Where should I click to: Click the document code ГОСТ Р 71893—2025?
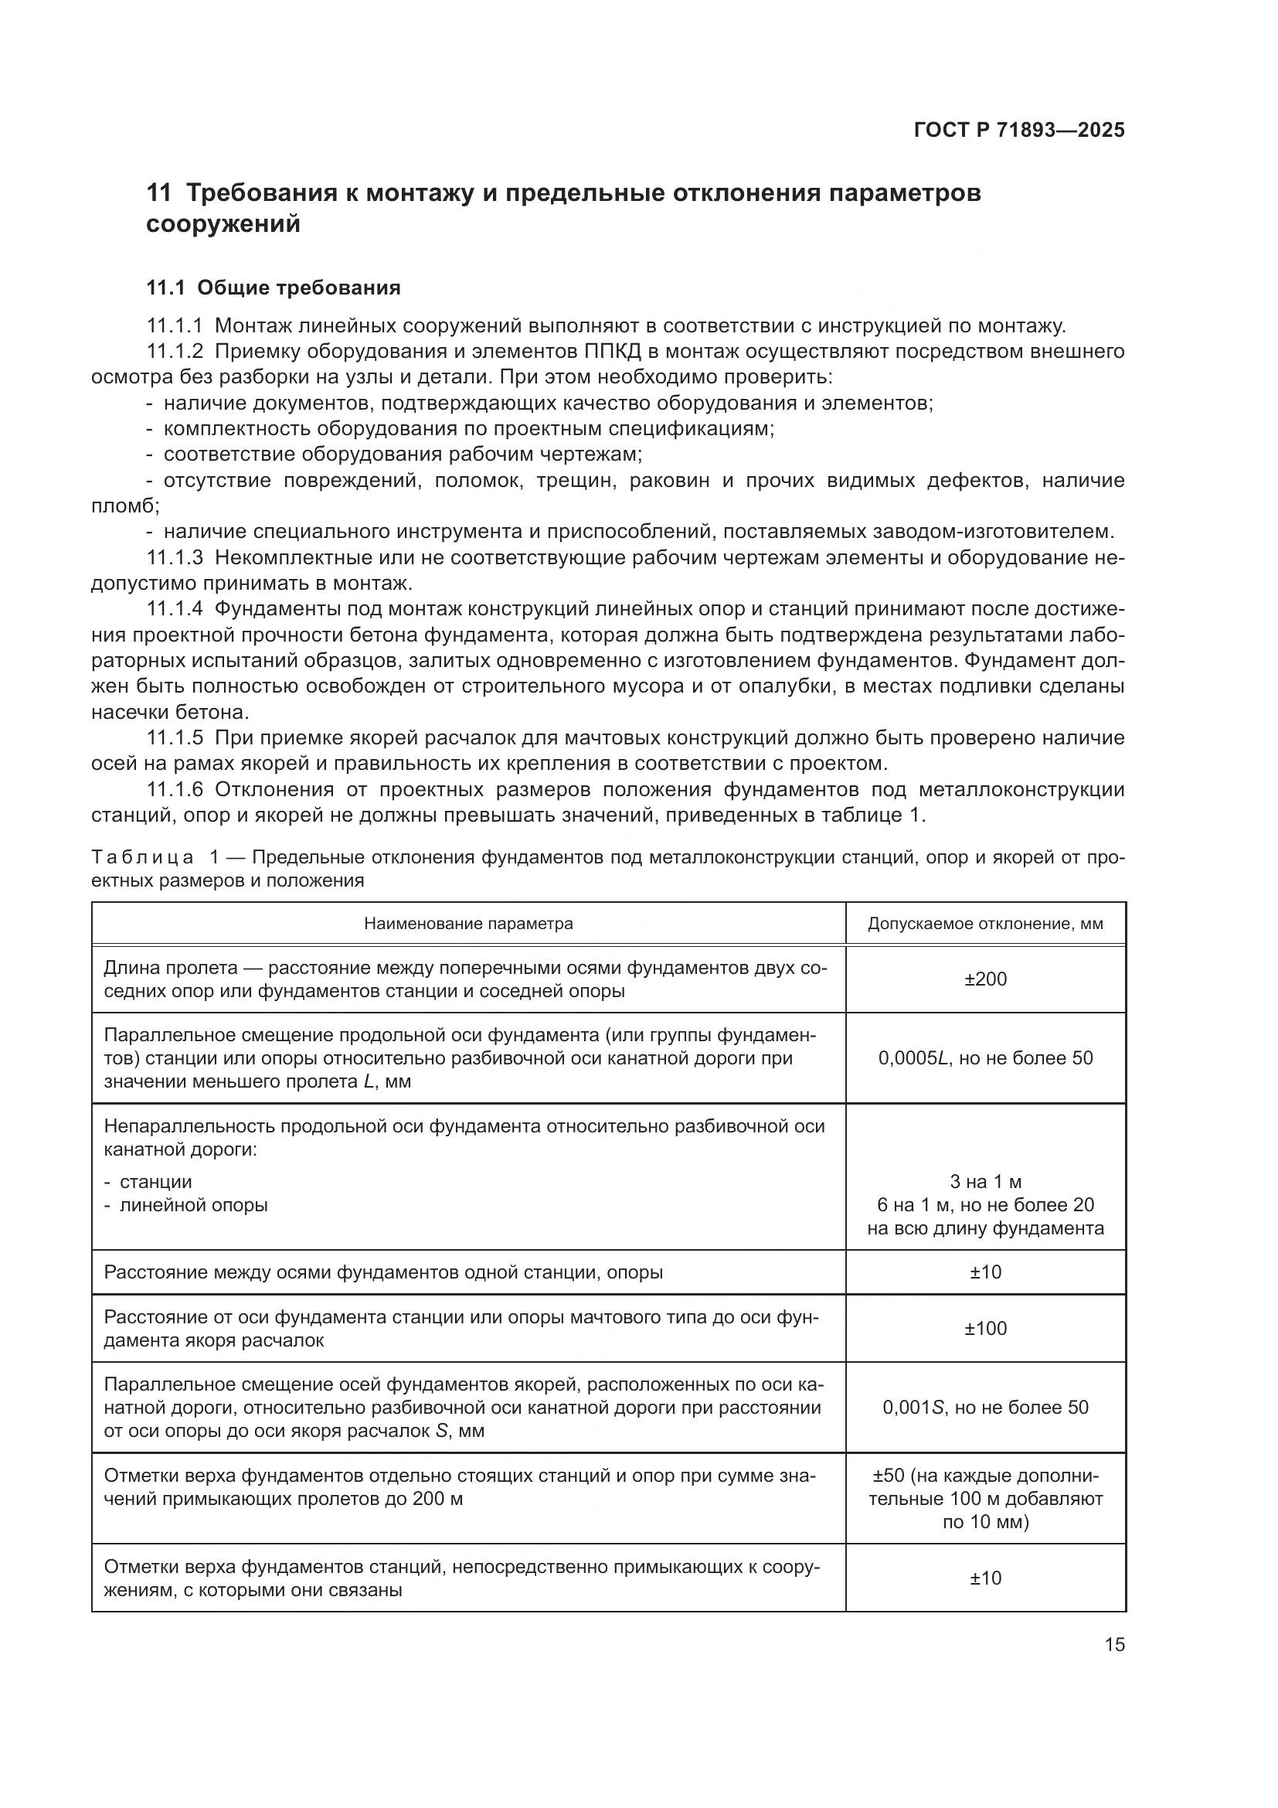(x=1019, y=131)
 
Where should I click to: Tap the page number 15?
(x=1114, y=1644)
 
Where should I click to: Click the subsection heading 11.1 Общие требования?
(x=273, y=288)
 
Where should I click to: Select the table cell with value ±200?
(x=985, y=979)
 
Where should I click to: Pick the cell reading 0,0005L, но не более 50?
(x=985, y=1058)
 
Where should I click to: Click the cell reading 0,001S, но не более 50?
(x=985, y=1407)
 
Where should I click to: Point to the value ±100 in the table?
(x=985, y=1329)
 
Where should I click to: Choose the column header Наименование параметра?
(x=468, y=924)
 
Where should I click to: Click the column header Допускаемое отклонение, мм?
(x=985, y=924)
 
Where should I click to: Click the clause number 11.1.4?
(x=175, y=608)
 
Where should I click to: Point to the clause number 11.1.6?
(x=175, y=790)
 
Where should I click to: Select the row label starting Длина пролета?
(x=464, y=979)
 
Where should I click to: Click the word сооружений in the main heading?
(x=223, y=224)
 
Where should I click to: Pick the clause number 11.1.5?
(x=175, y=738)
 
